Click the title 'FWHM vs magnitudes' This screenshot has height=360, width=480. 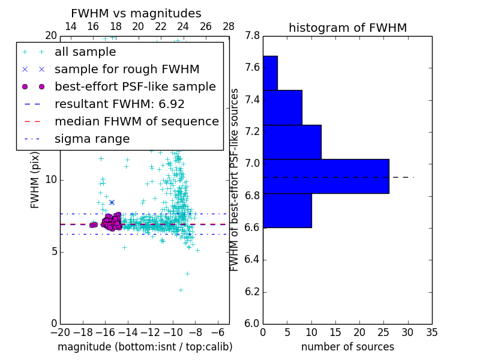pyautogui.click(x=136, y=13)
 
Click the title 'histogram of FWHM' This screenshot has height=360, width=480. pyautogui.click(x=347, y=28)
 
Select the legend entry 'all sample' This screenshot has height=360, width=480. pyautogui.click(x=85, y=52)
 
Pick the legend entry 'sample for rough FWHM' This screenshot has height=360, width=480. pyautogui.click(x=127, y=70)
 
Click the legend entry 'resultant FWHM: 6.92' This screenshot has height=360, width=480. pyautogui.click(x=119, y=104)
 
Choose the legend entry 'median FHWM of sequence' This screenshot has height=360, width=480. pyautogui.click(x=136, y=121)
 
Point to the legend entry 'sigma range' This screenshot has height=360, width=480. pyautogui.click(x=92, y=139)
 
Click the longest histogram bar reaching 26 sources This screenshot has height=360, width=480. pyautogui.click(x=326, y=176)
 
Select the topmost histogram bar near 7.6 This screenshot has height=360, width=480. pyautogui.click(x=270, y=73)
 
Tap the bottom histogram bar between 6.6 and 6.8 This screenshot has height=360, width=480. pyautogui.click(x=287, y=210)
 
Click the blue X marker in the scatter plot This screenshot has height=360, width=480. pyautogui.click(x=112, y=202)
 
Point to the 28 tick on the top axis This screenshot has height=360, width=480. pyautogui.click(x=229, y=26)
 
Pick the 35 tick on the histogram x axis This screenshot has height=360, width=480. pyautogui.click(x=431, y=331)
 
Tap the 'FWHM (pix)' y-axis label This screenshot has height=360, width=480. pyautogui.click(x=35, y=179)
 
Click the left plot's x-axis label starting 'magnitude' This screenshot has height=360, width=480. pyautogui.click(x=145, y=347)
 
